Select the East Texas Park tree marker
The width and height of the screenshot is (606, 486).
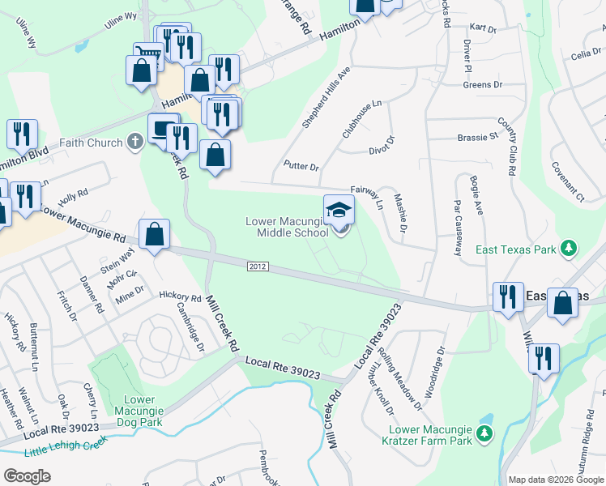pyautogui.click(x=570, y=248)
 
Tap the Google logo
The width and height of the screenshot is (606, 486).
pyautogui.click(x=27, y=475)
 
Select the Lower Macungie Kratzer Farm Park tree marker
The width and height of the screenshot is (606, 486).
pyautogui.click(x=484, y=434)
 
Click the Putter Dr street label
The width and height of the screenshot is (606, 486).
pyautogui.click(x=301, y=166)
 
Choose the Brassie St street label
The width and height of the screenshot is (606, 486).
pyautogui.click(x=477, y=137)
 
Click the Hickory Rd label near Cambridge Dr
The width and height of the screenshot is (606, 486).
pyautogui.click(x=180, y=297)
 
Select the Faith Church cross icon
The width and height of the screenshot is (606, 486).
pyautogui.click(x=136, y=143)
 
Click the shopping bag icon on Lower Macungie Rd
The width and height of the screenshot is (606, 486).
pyautogui.click(x=154, y=235)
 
